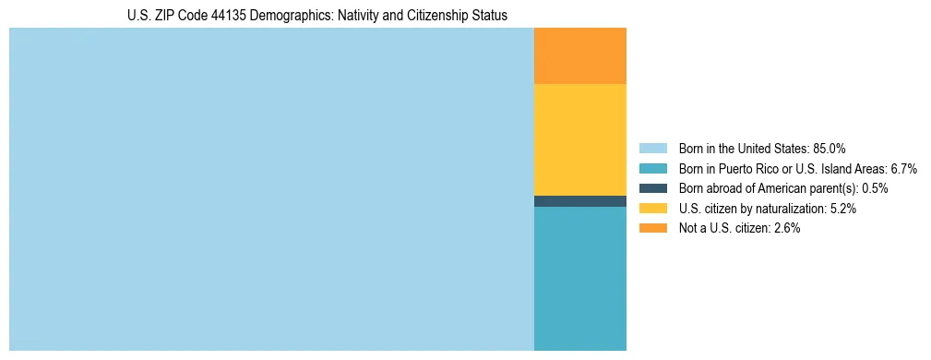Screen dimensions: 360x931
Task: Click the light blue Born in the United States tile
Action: coord(271,189)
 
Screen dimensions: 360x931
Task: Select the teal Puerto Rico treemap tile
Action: coord(579,278)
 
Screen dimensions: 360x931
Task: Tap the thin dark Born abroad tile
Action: coord(579,201)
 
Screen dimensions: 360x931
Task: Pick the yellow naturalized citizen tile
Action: coord(579,139)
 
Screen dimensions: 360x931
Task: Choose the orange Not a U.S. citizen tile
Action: coord(579,56)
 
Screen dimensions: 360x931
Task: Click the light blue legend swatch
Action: coord(652,149)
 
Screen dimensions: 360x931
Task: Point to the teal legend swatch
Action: coord(652,169)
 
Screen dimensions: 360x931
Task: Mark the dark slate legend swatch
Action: coord(652,188)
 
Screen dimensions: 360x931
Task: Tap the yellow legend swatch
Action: coord(652,209)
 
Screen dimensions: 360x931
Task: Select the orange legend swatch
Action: coord(652,228)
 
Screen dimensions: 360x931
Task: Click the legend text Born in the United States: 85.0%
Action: coord(762,149)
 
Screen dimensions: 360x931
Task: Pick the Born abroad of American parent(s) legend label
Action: coord(783,188)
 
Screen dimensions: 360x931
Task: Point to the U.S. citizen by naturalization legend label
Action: coord(767,209)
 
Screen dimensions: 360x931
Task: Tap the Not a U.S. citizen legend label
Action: coord(739,228)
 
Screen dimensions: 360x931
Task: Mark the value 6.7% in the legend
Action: coord(904,169)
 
